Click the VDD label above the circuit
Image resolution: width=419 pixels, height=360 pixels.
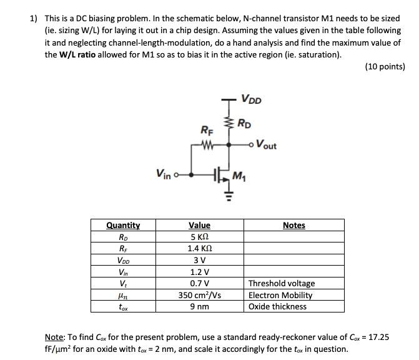(252, 99)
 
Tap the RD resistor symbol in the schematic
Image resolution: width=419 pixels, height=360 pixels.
(229, 124)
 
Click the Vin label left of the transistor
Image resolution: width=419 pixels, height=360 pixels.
(163, 173)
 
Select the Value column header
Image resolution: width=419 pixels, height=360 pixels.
(199, 225)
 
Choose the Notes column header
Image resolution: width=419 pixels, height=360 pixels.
(293, 225)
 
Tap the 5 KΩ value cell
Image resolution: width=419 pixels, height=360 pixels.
(199, 237)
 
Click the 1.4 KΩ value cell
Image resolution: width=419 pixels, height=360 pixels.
(199, 248)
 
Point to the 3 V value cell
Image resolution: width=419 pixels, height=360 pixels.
(199, 260)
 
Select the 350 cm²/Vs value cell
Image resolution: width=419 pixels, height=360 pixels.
(199, 295)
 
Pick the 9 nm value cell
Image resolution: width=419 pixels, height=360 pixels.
(199, 306)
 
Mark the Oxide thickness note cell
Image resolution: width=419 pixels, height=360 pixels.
(277, 306)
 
